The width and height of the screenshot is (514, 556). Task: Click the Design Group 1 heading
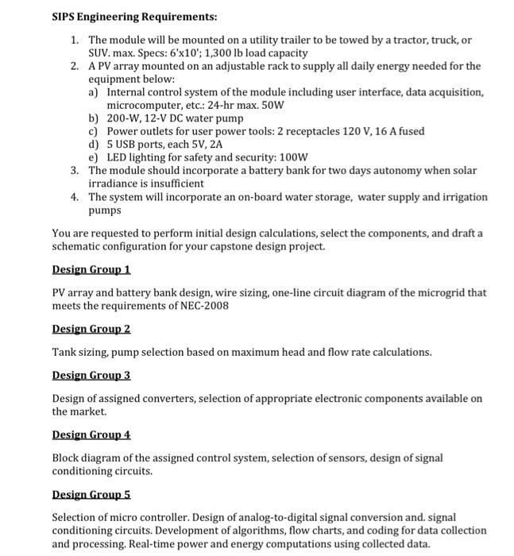91,270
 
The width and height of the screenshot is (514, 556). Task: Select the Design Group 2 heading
91,329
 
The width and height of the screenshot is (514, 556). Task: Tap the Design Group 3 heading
91,375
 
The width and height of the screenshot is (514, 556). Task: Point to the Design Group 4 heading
91,434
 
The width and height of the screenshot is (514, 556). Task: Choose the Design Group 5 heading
91,494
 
